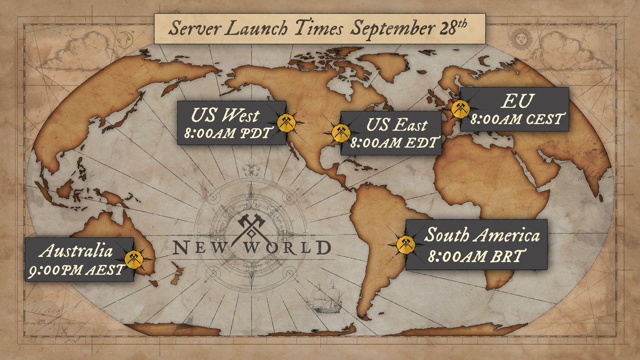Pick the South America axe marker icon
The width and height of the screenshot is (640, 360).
tap(405, 243)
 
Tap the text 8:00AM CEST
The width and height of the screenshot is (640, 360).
tap(515, 119)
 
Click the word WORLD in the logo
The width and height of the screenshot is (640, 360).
tap(296, 247)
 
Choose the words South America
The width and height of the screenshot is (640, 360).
tap(482, 235)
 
